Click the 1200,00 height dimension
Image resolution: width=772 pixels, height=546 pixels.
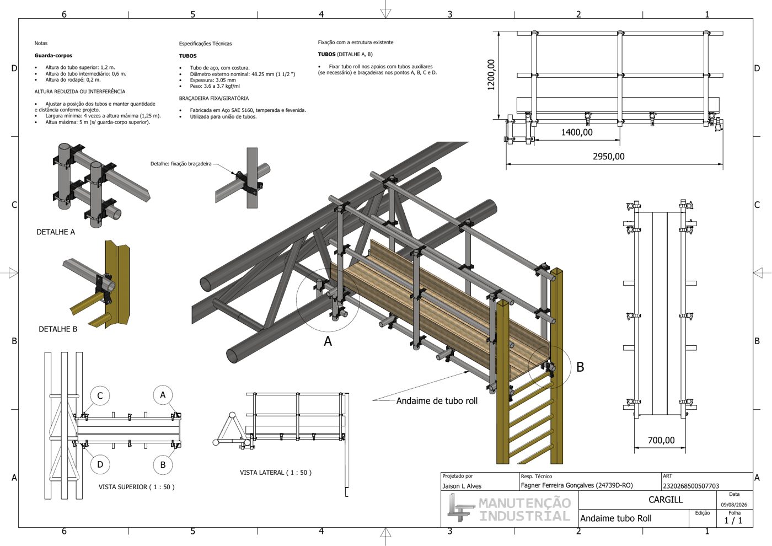tap(491, 75)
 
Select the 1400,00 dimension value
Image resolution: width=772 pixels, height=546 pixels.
tap(577, 132)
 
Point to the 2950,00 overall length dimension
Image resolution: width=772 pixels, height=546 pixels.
tap(609, 157)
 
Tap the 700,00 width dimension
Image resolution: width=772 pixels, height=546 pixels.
tap(661, 440)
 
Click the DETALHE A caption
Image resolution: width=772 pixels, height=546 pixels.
tap(56, 232)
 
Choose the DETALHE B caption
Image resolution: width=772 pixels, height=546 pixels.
tap(58, 329)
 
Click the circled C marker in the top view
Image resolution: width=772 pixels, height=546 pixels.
tap(100, 396)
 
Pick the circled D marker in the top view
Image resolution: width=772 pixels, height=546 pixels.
tap(100, 464)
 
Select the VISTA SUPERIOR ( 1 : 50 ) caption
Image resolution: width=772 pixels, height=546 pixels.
tap(137, 487)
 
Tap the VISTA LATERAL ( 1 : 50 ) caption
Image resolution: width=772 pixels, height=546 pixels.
tap(276, 473)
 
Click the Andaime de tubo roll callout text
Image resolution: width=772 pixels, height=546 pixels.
tap(437, 401)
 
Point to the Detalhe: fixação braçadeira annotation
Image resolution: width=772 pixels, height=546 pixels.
tap(181, 164)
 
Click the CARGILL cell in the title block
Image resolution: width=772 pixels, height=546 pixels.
tap(666, 500)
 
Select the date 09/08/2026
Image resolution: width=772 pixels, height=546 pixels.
tap(734, 505)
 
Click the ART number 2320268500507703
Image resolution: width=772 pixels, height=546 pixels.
tap(691, 486)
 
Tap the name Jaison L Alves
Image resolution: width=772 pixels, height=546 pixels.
tap(462, 486)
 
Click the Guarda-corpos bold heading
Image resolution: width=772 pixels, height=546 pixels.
tap(53, 56)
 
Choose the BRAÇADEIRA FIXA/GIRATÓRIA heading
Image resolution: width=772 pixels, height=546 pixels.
tap(214, 98)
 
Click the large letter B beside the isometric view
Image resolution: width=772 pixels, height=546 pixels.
tap(580, 367)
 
